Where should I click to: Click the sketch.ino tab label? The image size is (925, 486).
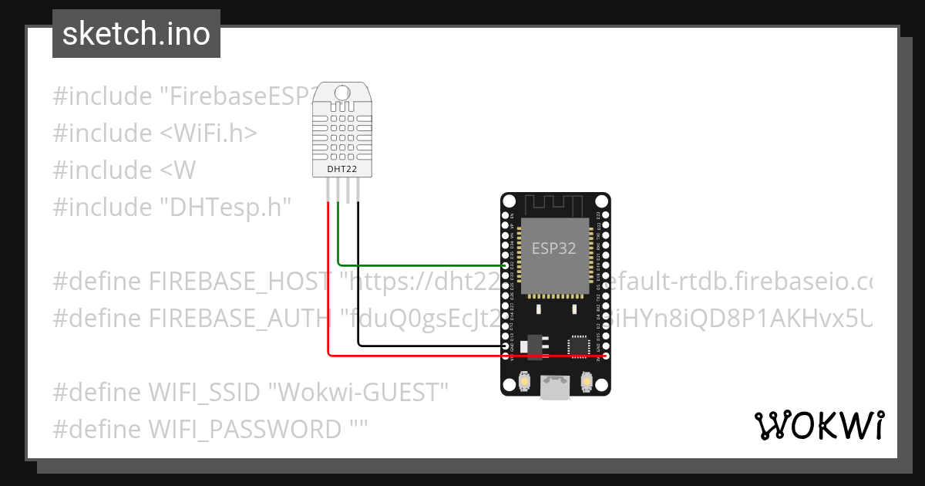click(x=136, y=34)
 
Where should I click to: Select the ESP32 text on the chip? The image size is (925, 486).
click(x=553, y=249)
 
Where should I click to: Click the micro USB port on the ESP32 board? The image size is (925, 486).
click(x=555, y=388)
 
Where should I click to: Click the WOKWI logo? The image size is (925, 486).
click(x=819, y=425)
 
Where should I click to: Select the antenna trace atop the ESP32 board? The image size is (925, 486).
click(x=555, y=205)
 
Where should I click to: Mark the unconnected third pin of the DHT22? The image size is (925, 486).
click(x=348, y=191)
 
